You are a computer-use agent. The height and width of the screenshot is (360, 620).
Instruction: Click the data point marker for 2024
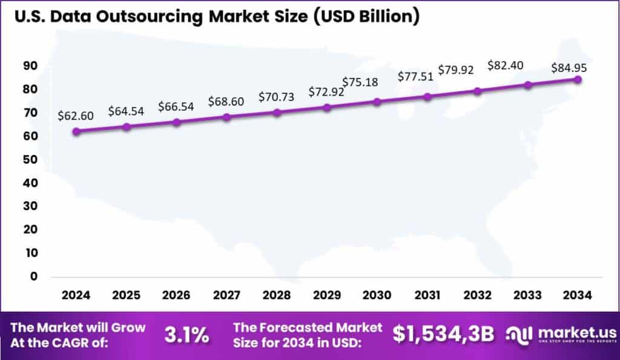(x=76, y=131)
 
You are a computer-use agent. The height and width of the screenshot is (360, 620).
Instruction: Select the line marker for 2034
(x=578, y=79)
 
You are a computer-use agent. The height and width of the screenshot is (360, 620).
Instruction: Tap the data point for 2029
(x=327, y=107)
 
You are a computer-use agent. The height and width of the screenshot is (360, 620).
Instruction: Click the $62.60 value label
(x=76, y=116)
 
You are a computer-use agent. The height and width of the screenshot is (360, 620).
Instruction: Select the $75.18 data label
(x=360, y=82)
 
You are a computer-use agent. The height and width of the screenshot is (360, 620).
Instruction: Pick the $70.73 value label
(x=277, y=97)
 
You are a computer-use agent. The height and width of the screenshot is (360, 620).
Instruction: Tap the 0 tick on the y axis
(x=35, y=277)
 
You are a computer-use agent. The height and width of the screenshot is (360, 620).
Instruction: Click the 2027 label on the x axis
(x=226, y=295)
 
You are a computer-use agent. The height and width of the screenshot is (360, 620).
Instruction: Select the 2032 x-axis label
(x=477, y=295)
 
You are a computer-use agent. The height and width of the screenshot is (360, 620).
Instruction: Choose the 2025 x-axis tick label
(x=126, y=295)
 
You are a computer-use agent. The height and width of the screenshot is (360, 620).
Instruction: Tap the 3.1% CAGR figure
(x=187, y=335)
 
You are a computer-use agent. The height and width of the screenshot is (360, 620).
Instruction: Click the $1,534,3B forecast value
(x=443, y=334)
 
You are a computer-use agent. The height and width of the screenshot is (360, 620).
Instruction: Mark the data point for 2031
(x=427, y=97)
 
